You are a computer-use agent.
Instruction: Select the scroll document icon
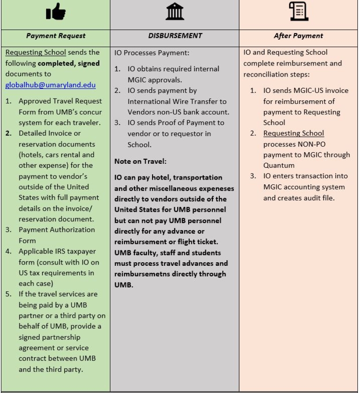pos(298,12)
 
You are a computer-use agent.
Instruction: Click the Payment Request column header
pos(55,36)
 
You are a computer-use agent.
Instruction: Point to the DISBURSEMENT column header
pos(175,36)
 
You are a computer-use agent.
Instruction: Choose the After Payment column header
pos(298,36)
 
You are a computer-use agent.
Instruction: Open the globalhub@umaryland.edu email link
pos(51,84)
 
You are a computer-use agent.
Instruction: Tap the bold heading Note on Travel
pos(140,161)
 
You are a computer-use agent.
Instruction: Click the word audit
pos(312,198)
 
